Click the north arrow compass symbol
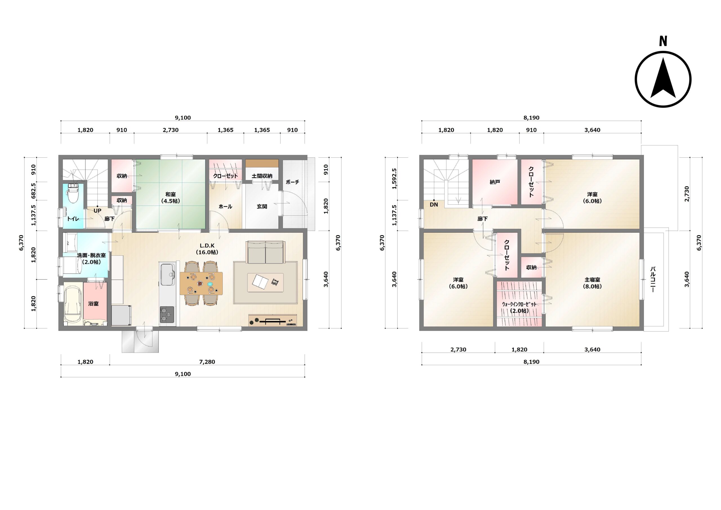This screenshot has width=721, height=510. click(x=663, y=79)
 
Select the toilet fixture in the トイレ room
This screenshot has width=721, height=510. click(x=73, y=193)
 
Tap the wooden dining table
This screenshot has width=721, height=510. click(x=201, y=283)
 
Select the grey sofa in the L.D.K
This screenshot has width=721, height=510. click(x=266, y=252)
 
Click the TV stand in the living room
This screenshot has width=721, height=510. click(x=273, y=320)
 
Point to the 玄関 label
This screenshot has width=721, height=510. click(x=262, y=207)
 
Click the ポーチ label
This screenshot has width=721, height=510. click(x=292, y=182)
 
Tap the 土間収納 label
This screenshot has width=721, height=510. click(x=262, y=176)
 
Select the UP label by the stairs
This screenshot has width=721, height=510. click(x=97, y=211)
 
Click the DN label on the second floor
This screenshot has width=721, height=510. click(x=434, y=205)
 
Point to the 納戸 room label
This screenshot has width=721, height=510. click(x=495, y=182)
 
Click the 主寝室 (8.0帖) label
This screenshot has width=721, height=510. click(x=592, y=283)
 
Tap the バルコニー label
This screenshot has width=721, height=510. click(x=653, y=279)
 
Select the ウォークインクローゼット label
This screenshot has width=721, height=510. click(x=519, y=304)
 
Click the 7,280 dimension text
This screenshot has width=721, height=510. click(x=207, y=362)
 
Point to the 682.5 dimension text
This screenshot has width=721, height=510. click(x=34, y=191)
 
